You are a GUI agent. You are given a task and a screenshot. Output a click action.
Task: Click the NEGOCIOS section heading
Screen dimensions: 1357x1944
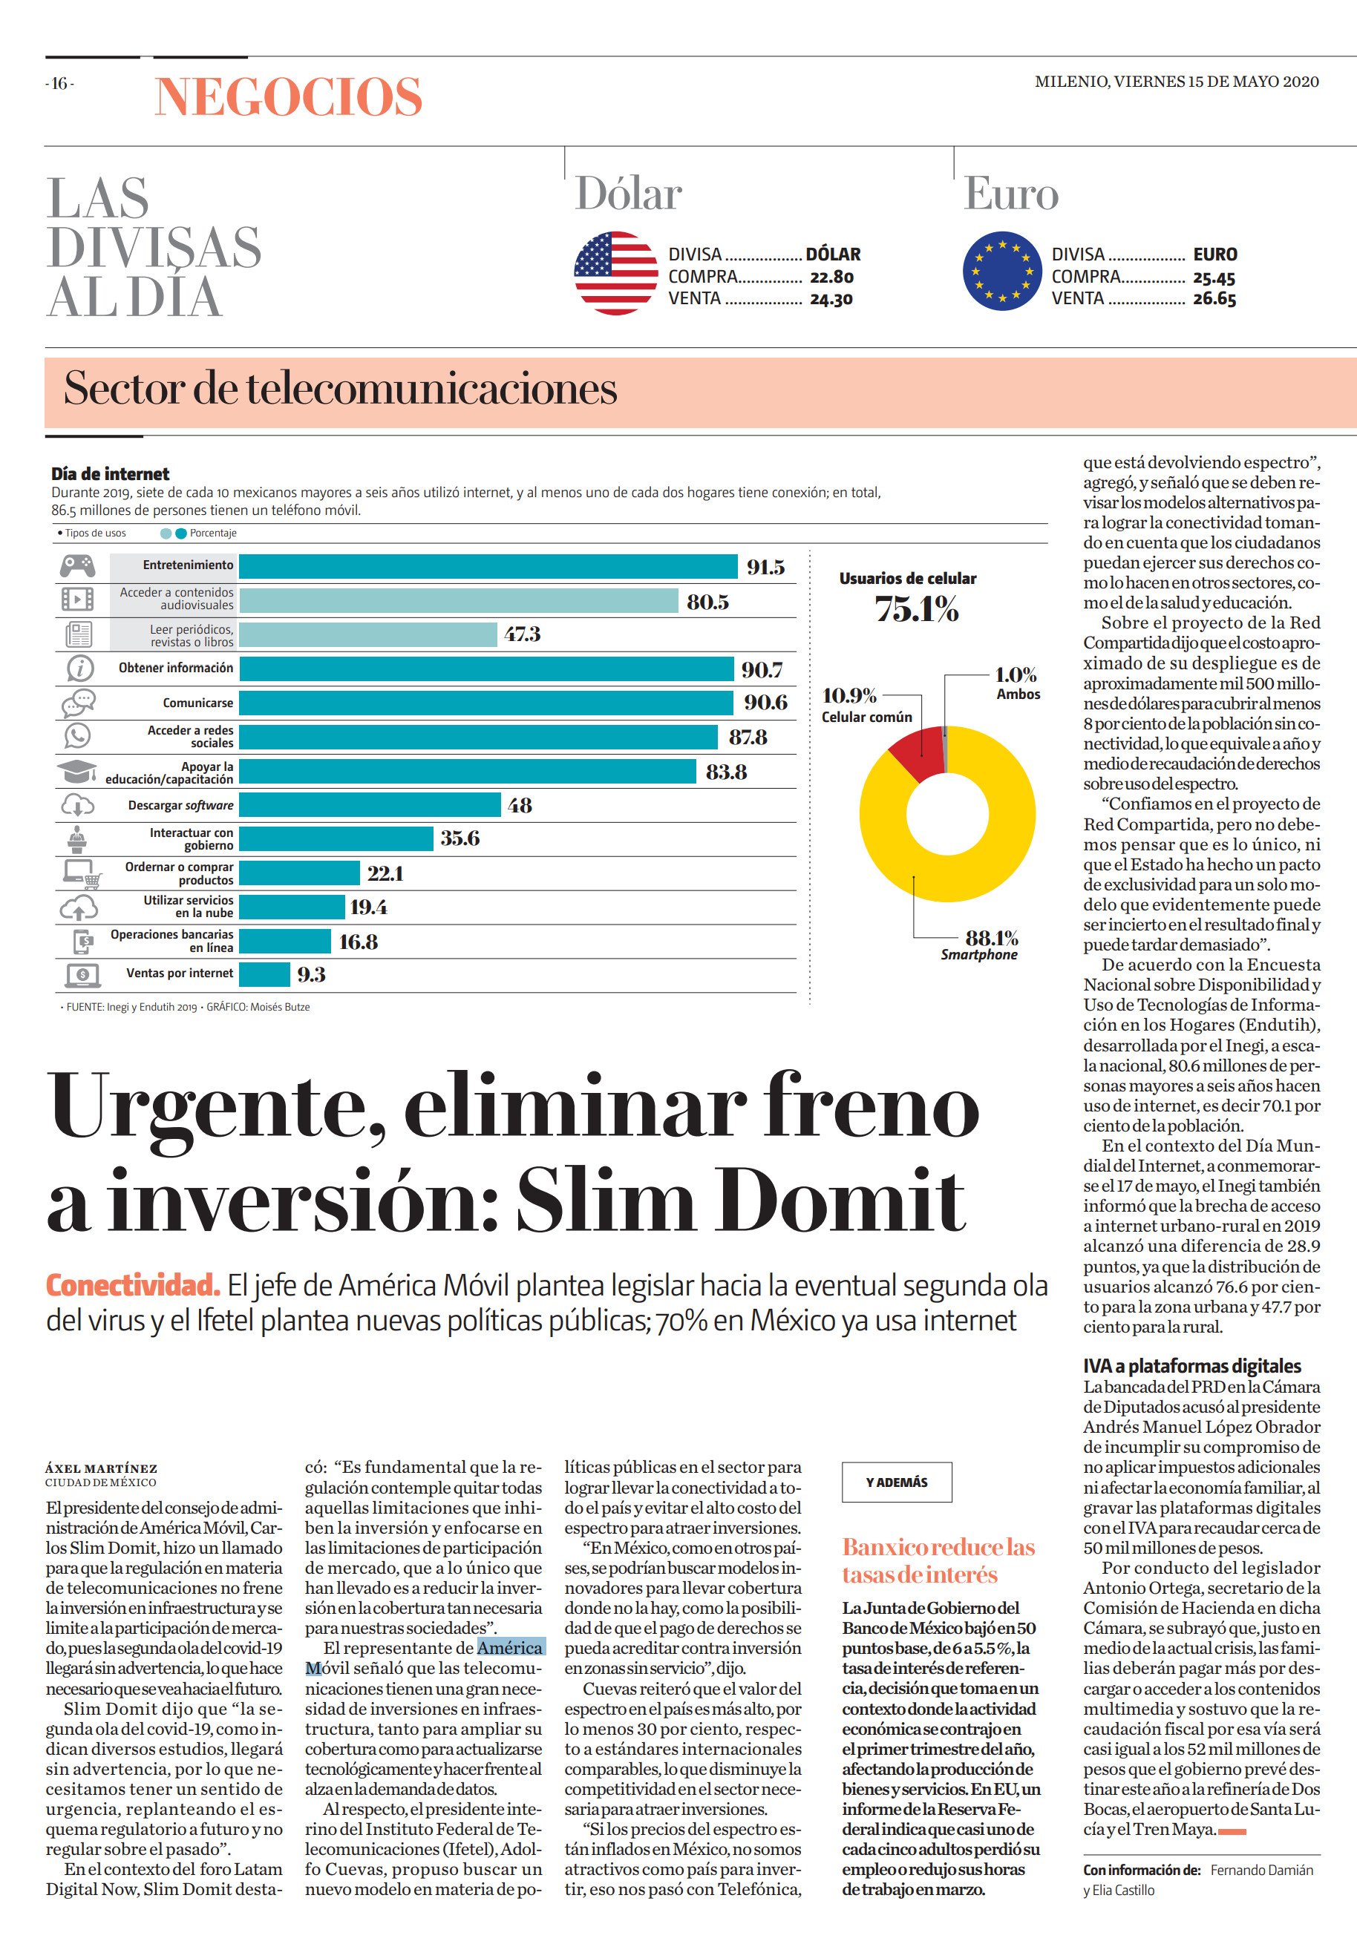(x=288, y=96)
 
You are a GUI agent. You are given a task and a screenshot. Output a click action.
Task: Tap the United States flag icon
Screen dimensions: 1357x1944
(x=616, y=272)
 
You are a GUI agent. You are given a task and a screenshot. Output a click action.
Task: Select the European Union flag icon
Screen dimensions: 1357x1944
(x=1002, y=271)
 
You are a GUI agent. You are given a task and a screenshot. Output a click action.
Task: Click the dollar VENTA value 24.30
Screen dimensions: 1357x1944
(x=831, y=299)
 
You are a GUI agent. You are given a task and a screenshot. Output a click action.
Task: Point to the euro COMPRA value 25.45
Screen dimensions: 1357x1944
(x=1214, y=278)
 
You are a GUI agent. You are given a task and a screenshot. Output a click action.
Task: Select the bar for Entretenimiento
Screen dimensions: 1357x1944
(x=488, y=566)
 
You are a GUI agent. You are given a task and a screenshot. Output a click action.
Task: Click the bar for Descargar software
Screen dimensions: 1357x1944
(x=370, y=805)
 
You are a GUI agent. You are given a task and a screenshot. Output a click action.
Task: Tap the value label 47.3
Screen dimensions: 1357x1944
(x=522, y=634)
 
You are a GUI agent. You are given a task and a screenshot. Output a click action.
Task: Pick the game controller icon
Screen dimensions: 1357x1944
(x=78, y=565)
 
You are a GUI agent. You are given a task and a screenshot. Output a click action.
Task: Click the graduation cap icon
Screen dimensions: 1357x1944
(x=76, y=772)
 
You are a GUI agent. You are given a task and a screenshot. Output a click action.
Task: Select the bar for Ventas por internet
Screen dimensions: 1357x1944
(x=264, y=974)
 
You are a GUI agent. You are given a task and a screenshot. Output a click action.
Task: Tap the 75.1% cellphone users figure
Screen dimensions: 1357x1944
(x=917, y=608)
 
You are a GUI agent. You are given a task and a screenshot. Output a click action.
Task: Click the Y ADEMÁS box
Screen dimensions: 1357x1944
(x=896, y=1482)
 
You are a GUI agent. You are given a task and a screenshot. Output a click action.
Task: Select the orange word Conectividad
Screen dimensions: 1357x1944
(x=133, y=1285)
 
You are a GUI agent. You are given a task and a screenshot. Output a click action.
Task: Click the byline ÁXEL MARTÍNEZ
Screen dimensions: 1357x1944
(x=102, y=1468)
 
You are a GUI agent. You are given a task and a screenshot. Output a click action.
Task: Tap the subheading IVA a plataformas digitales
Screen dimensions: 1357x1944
(x=1191, y=1366)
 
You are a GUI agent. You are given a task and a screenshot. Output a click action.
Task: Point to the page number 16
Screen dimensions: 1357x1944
(x=59, y=83)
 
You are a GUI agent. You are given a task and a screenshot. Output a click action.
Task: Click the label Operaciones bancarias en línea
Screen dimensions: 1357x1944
(x=172, y=941)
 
